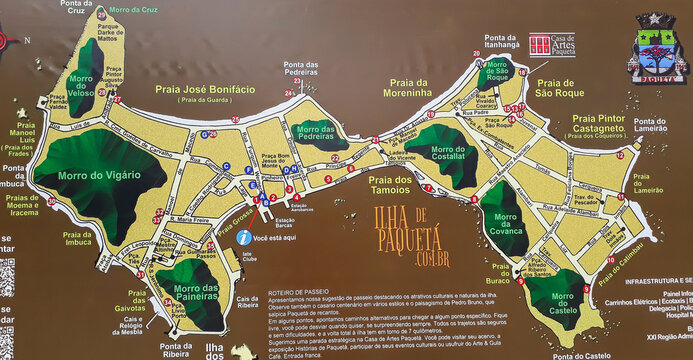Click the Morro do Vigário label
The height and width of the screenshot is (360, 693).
click(x=98, y=177)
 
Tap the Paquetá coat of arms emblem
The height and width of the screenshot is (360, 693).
click(x=656, y=45)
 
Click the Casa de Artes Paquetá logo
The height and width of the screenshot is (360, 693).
click(x=551, y=45)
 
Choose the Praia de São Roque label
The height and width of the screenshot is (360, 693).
click(x=560, y=89)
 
